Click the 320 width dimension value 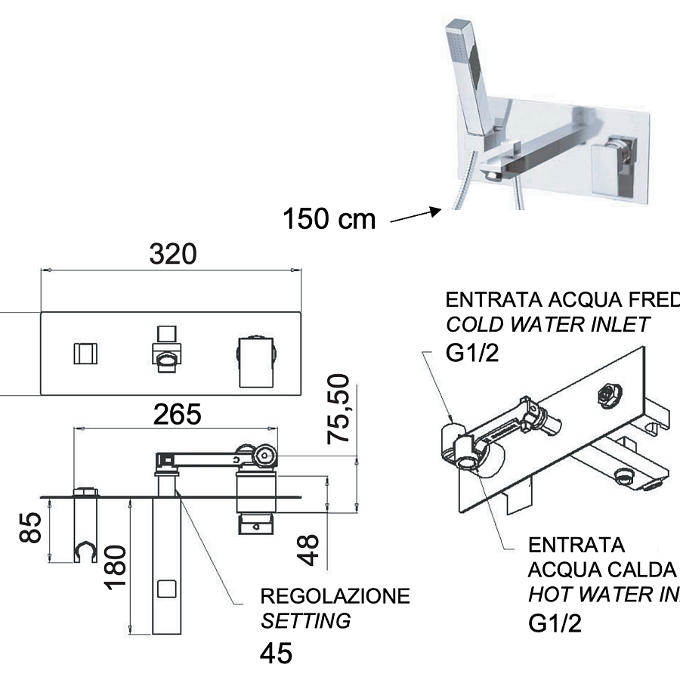[172, 254]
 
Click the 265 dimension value [177, 414]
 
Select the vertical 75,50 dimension [341, 407]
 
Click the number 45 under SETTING [276, 654]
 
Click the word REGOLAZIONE [335, 596]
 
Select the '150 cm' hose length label [329, 219]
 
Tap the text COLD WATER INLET [548, 325]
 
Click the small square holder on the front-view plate [85, 354]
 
